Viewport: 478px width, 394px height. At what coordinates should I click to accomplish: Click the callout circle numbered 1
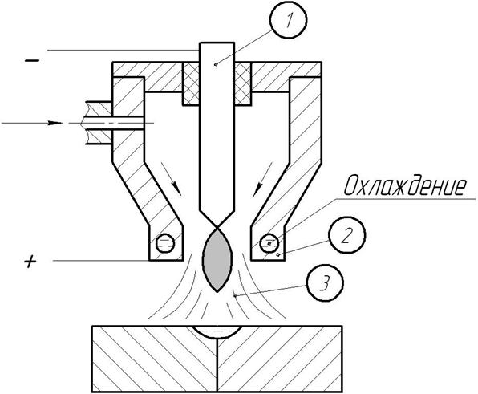(x=289, y=20)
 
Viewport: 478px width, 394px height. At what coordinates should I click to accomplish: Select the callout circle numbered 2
(x=346, y=235)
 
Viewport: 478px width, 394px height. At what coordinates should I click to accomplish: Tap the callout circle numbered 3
(x=325, y=282)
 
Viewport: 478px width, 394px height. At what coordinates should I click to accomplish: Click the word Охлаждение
(x=406, y=185)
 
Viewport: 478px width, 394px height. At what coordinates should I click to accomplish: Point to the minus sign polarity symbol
(x=32, y=61)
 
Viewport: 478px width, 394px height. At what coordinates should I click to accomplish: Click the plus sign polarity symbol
(x=30, y=262)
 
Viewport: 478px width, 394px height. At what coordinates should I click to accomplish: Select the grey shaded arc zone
(x=217, y=259)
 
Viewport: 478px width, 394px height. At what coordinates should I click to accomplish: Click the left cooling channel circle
(x=165, y=243)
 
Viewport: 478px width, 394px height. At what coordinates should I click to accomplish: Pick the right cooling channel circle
(x=269, y=243)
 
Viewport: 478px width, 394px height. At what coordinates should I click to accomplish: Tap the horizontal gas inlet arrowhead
(x=55, y=123)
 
